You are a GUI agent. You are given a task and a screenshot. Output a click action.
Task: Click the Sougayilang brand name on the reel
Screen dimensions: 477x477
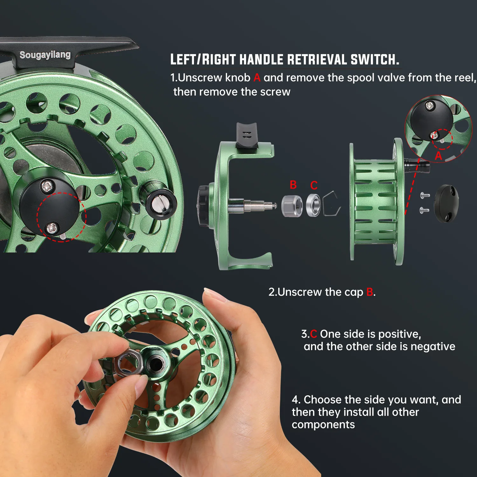(x=45, y=55)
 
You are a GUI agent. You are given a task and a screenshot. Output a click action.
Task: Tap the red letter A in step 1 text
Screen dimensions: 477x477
(x=257, y=78)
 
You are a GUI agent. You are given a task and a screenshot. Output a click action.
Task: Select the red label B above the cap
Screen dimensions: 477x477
(x=293, y=185)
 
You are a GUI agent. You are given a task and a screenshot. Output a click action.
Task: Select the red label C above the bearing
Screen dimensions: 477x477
(x=314, y=185)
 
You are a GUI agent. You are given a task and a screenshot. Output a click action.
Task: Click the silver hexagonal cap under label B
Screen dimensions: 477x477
(x=292, y=206)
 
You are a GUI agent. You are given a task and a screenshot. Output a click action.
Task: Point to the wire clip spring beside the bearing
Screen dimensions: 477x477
(x=332, y=204)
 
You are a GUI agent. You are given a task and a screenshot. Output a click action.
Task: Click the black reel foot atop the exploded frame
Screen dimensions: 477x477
(x=246, y=137)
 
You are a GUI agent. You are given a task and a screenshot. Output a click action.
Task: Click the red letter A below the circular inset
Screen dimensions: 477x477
(x=438, y=156)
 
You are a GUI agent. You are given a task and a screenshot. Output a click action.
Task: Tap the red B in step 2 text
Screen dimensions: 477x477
(x=370, y=292)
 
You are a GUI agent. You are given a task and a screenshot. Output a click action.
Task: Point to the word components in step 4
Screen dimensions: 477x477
(x=323, y=425)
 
